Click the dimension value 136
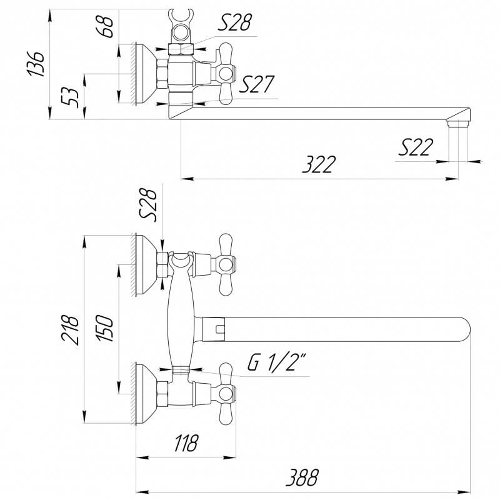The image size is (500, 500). coord(36,64)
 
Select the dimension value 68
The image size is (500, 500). coord(105,27)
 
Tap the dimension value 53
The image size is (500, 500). coord(70,97)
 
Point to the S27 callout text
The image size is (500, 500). coord(256,84)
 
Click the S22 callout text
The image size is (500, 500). coord(416,147)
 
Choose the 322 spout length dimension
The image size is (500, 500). coord(319,164)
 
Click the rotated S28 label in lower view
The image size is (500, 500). coord(149,204)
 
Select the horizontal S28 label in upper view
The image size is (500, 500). coord(235,22)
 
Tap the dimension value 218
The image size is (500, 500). coord(70,330)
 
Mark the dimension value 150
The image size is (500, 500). coord(105,328)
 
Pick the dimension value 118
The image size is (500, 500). coord(186,442)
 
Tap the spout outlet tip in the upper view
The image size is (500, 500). coord(458,123)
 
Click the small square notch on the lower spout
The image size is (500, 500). coord(220,329)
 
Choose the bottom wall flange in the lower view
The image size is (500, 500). coord(146,394)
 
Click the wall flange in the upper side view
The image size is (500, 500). coord(146,73)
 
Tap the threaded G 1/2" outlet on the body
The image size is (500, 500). coord(181,370)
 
